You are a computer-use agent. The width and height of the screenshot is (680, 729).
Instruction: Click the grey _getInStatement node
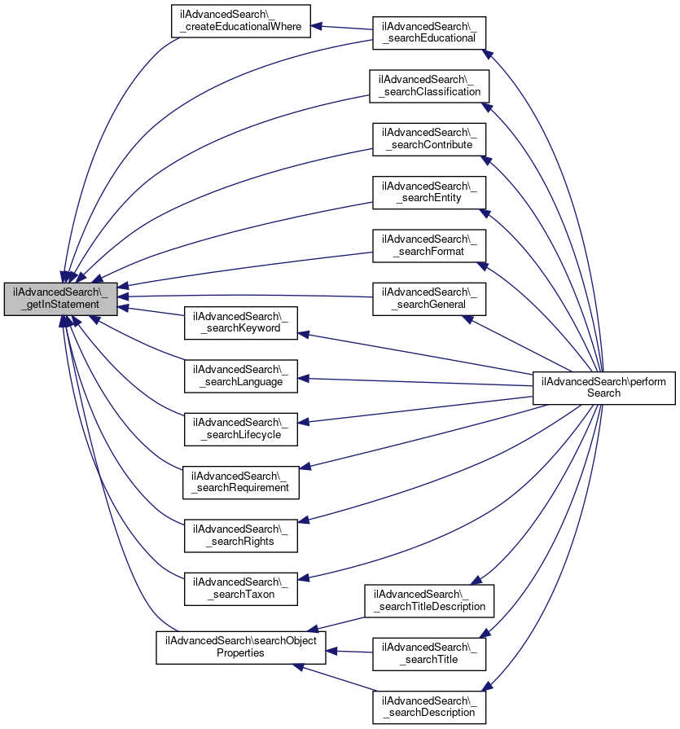click(x=61, y=298)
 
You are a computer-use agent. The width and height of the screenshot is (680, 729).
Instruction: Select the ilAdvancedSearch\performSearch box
click(x=604, y=387)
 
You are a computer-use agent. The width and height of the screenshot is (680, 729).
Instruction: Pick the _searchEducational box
click(x=429, y=32)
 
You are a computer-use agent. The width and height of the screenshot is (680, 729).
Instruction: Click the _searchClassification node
click(x=429, y=86)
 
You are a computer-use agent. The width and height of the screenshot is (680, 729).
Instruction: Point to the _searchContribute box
click(x=429, y=138)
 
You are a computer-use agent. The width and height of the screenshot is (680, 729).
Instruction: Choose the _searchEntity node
click(x=429, y=191)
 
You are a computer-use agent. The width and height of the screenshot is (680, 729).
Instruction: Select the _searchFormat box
click(x=429, y=245)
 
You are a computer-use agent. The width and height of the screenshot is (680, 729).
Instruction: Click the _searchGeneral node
click(x=429, y=298)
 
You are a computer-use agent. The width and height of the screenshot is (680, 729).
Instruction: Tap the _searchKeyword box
click(x=240, y=322)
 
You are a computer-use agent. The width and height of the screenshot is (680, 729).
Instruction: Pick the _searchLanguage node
click(x=240, y=375)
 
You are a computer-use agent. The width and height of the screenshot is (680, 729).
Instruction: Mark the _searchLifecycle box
click(x=240, y=428)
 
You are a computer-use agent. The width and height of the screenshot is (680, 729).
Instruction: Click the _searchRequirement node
click(x=240, y=481)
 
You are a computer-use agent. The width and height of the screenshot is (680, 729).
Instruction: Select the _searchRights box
click(x=240, y=534)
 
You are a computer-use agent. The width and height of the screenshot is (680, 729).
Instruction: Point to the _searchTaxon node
click(x=240, y=588)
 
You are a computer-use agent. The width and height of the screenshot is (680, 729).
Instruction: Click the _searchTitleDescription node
click(x=429, y=599)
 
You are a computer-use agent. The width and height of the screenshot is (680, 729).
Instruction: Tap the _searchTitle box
click(x=429, y=653)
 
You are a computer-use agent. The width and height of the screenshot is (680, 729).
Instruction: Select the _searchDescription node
click(x=429, y=706)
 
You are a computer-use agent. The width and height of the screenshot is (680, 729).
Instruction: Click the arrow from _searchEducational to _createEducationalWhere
click(x=342, y=27)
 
